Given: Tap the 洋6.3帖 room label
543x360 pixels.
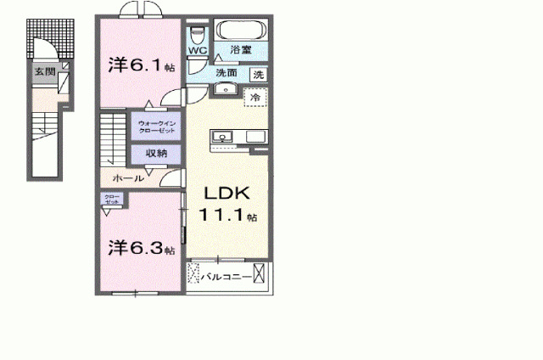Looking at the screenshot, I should [141, 248].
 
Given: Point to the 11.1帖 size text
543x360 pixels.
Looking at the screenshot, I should [227, 217].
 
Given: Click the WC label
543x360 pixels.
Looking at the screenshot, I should [196, 51].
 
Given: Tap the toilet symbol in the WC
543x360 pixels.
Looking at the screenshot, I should [197, 34].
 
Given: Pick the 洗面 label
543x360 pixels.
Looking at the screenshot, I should [226, 74].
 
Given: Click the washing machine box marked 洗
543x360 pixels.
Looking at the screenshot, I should [259, 74].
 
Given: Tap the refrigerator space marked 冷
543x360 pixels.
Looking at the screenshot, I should [254, 98].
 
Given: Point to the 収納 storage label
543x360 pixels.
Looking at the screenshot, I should [155, 154].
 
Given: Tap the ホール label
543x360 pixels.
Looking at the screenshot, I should [129, 178].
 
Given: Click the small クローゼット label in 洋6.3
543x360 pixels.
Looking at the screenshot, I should [112, 200].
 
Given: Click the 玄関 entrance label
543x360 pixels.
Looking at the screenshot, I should [43, 73].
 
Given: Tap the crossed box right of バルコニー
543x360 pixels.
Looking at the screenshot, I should [260, 275].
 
